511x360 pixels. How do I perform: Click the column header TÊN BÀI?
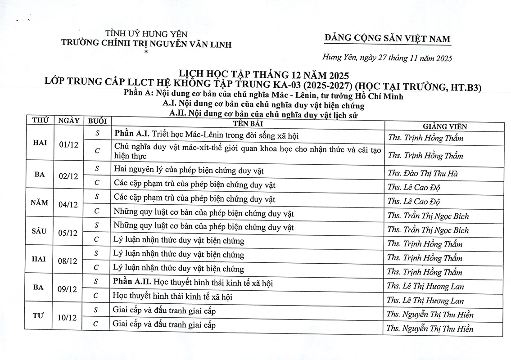(x=248, y=124)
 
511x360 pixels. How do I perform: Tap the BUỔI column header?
(x=97, y=121)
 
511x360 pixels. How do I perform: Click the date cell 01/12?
(x=68, y=145)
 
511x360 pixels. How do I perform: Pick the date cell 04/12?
(x=68, y=205)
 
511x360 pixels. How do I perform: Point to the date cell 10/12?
(x=68, y=318)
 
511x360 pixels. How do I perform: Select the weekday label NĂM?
(x=40, y=202)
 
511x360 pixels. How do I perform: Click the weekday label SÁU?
(x=40, y=231)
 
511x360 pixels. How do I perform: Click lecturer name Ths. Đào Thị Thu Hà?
(x=422, y=174)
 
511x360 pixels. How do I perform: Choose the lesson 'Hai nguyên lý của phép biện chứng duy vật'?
(x=189, y=171)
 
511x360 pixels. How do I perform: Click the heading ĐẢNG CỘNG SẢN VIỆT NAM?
(x=387, y=39)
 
